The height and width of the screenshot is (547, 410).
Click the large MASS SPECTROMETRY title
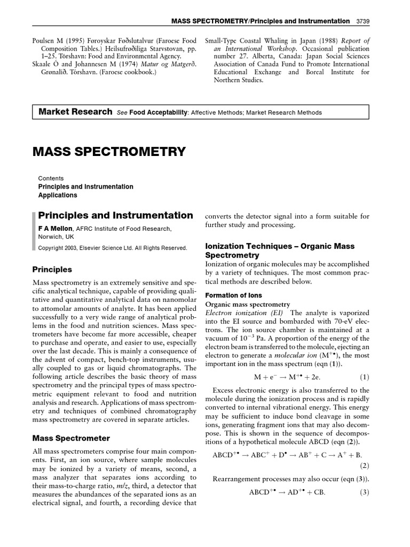(x=109, y=151)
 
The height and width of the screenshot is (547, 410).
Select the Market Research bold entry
(x=75, y=112)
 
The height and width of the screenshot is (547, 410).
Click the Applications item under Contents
(x=58, y=196)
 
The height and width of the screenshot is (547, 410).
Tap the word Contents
(x=51, y=178)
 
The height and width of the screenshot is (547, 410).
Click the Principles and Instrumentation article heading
(x=116, y=216)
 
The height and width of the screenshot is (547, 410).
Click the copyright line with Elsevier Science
(x=113, y=248)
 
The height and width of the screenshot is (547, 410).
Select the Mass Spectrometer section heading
(x=72, y=438)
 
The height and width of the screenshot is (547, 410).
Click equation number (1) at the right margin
(x=364, y=377)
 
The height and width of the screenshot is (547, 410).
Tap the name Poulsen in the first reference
(x=46, y=41)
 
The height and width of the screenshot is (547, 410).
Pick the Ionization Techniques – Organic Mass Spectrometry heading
(x=280, y=251)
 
